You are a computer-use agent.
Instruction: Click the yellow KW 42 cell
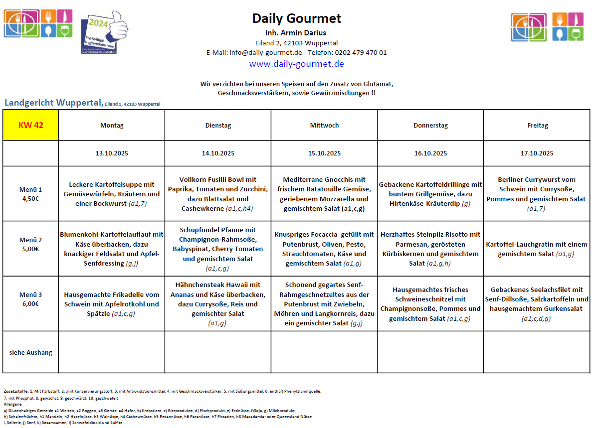(31, 125)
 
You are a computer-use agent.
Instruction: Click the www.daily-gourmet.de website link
(296, 64)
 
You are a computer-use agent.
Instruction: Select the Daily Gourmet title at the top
(296, 18)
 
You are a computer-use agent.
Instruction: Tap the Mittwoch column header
(324, 126)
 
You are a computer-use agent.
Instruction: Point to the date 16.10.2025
(430, 153)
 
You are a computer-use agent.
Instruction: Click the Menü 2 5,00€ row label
(31, 244)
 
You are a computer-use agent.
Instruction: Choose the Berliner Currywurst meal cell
(537, 194)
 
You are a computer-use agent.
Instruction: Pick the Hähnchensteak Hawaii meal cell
(218, 303)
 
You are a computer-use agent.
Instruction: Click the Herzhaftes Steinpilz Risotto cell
(430, 248)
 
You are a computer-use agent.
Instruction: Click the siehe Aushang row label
(31, 352)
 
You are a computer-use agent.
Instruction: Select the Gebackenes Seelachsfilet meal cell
(537, 303)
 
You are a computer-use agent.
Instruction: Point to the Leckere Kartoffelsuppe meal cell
(112, 194)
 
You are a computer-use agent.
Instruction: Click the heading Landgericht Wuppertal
(54, 103)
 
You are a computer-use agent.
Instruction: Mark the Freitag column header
(537, 126)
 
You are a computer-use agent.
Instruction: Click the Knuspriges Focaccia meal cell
(324, 248)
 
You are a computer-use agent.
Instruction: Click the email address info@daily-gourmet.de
(266, 52)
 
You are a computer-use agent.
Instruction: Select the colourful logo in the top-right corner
(547, 27)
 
